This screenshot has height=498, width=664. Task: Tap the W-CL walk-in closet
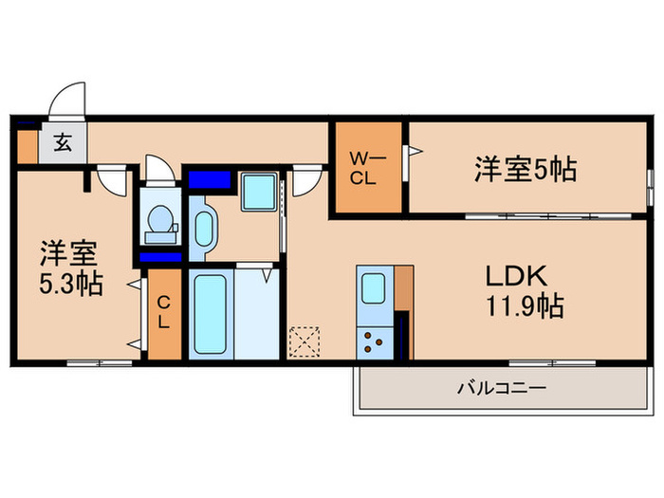click(x=368, y=168)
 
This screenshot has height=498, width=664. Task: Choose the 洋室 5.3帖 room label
click(x=70, y=268)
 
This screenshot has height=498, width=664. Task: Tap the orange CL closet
click(x=164, y=313)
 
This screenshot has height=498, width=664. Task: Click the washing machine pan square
click(x=257, y=192)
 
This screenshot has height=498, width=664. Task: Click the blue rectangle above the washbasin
click(x=210, y=178)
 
